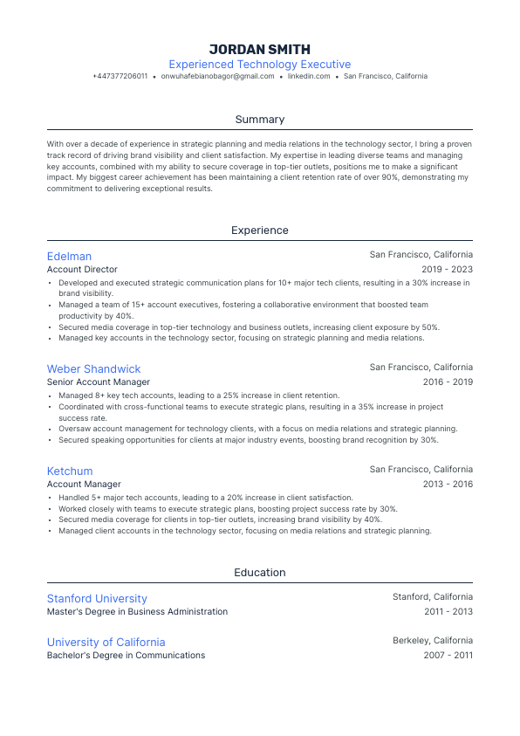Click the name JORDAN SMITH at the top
coord(260,49)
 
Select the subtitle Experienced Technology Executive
coord(260,65)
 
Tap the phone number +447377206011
coord(120,77)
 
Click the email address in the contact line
coord(218,77)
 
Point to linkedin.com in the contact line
coord(309,77)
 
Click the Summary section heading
coord(260,120)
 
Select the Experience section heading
coord(260,230)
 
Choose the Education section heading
coord(260,573)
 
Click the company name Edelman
coord(69,257)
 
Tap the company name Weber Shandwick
coord(93,369)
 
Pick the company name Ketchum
coord(70,471)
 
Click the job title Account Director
coord(82,270)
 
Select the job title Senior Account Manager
coord(99,382)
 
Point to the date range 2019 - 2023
coord(447,270)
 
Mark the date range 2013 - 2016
coord(447,485)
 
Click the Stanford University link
coord(97,599)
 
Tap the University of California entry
coord(106,643)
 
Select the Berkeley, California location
coord(433,641)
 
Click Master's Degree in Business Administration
coord(137,612)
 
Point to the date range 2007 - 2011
coord(448,656)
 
